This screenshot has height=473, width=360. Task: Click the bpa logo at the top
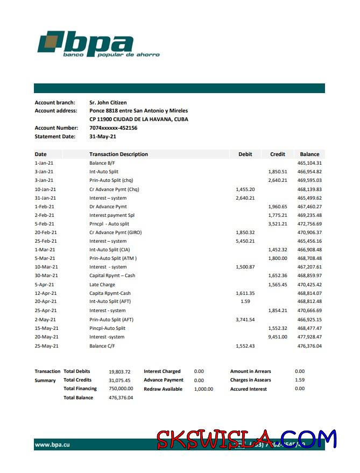coord(98,44)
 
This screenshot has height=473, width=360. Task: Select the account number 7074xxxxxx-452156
coord(113,128)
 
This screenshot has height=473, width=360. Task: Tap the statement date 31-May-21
coord(102,137)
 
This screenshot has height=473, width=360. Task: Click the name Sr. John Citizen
coord(108,102)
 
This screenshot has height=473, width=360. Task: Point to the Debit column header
coord(245,154)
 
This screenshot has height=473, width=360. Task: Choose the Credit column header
coord(277,154)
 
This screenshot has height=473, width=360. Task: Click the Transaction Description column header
coord(118,154)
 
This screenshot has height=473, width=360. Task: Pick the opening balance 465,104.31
coord(309,163)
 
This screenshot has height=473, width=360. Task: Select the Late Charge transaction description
coord(102,285)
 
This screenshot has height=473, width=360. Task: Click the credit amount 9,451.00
coord(277,337)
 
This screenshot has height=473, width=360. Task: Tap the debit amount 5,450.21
coord(245,241)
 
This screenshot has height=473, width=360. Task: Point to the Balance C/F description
coord(105,346)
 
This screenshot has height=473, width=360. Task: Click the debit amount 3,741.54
coord(245,320)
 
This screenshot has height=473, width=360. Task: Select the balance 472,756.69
coord(309,224)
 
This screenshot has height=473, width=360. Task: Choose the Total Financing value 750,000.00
coord(121,389)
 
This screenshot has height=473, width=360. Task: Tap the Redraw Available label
coord(163,389)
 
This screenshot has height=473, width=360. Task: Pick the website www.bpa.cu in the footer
coord(52,445)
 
